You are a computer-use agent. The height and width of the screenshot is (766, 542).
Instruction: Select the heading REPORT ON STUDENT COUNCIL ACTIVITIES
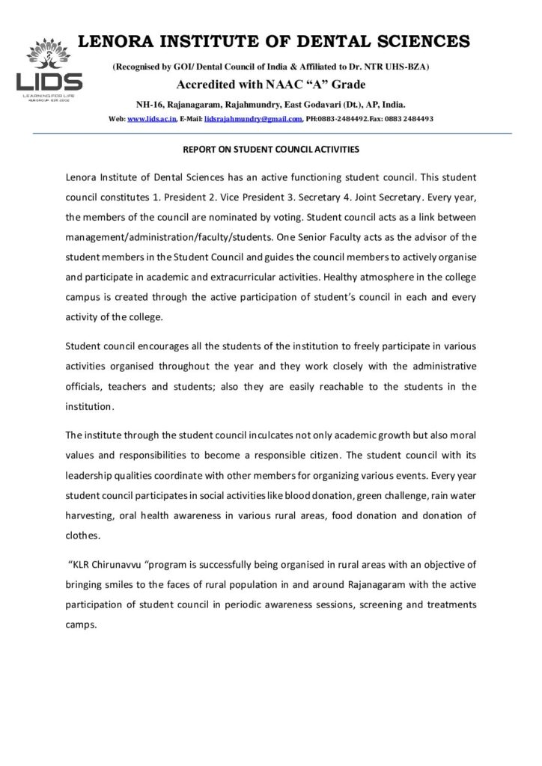click(272, 150)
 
